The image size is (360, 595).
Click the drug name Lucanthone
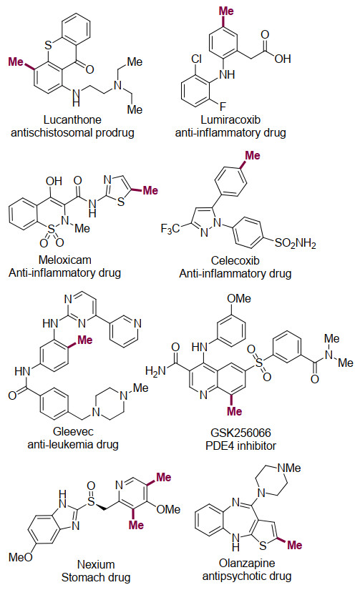click(x=72, y=120)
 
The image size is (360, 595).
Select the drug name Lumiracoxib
click(x=230, y=120)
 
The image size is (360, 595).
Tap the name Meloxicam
click(x=65, y=260)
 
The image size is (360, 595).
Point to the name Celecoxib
click(x=235, y=261)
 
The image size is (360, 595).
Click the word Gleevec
click(x=73, y=431)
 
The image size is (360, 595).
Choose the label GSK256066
click(x=240, y=433)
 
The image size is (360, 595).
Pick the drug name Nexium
click(x=96, y=565)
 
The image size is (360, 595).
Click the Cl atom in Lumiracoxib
click(x=197, y=59)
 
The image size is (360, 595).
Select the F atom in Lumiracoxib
click(x=223, y=106)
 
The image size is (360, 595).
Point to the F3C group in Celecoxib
click(x=170, y=229)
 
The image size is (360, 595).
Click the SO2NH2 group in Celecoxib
click(x=295, y=243)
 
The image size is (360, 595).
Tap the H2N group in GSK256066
click(x=156, y=370)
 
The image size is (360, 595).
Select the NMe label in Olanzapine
click(x=289, y=468)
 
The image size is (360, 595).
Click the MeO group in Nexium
click(x=21, y=557)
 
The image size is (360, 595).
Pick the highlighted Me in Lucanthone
click(x=16, y=62)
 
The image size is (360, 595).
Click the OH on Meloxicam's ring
click(x=54, y=182)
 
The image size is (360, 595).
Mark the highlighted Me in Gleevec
click(x=85, y=340)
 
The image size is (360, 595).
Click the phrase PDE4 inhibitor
click(x=240, y=446)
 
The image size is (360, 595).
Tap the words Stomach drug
click(x=96, y=578)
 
